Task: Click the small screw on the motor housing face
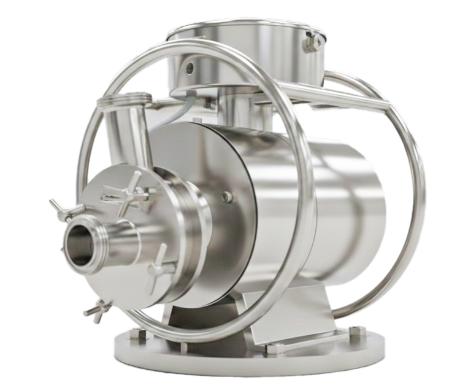point(228,197)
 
